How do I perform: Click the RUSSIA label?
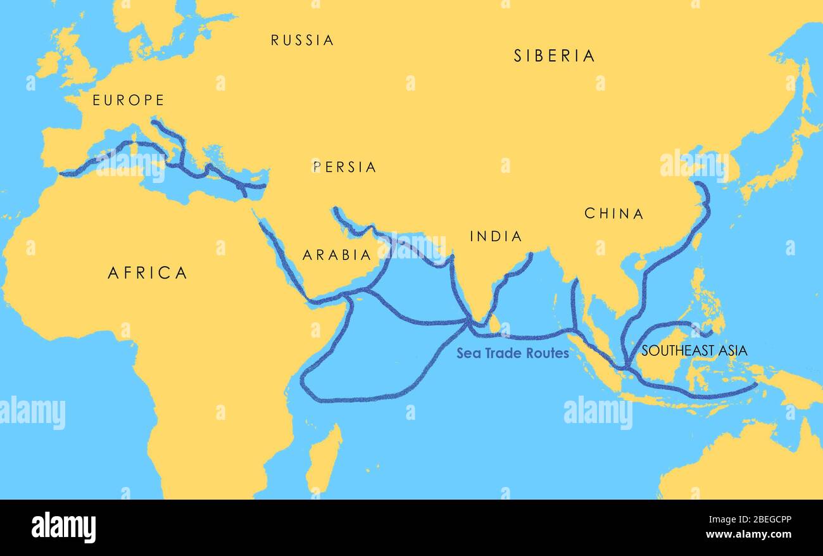(x=302, y=41)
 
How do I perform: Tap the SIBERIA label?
(x=554, y=56)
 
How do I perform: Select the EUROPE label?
(x=129, y=100)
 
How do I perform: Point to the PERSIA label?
(x=344, y=167)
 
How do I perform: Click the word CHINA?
(x=613, y=214)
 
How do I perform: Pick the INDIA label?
(x=496, y=237)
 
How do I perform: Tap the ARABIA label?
(x=337, y=255)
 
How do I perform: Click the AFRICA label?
(x=148, y=273)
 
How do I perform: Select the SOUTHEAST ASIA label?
(x=694, y=350)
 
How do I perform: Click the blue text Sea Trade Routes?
(x=513, y=353)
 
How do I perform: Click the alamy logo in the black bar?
(x=63, y=528)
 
